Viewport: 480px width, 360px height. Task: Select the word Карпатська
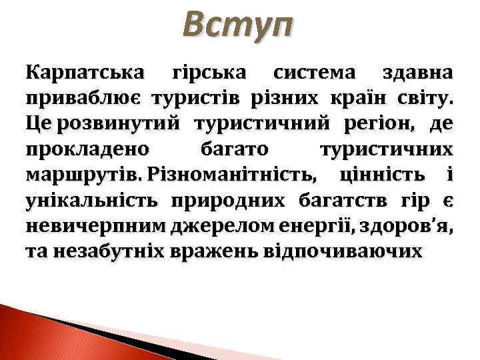pos(80,73)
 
